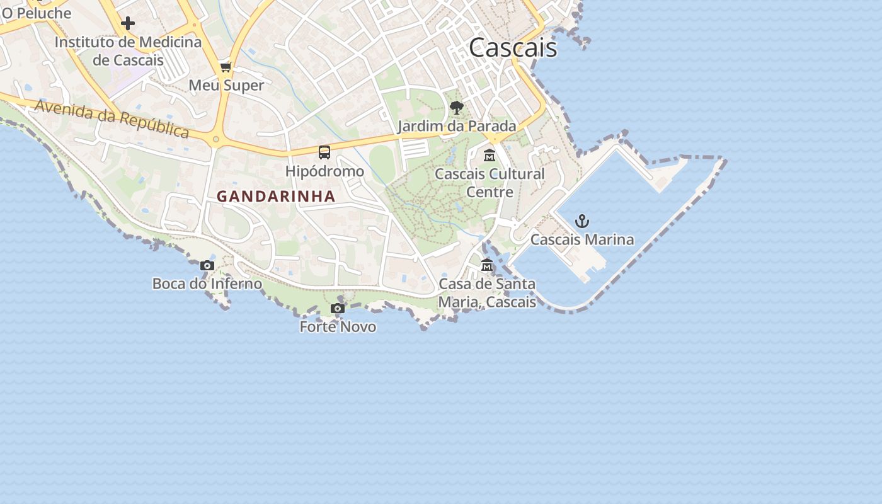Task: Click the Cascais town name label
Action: (x=513, y=48)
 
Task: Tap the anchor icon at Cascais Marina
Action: (x=582, y=221)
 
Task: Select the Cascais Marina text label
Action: (x=582, y=239)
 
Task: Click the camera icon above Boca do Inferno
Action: (x=207, y=265)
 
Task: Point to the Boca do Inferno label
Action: (x=207, y=283)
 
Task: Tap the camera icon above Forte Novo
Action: (x=338, y=308)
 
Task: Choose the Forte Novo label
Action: (x=338, y=326)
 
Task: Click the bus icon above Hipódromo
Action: (x=324, y=152)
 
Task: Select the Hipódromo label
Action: (x=324, y=171)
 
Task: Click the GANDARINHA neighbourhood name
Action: (x=276, y=197)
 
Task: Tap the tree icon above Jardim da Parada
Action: (x=457, y=108)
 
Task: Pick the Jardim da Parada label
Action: (x=457, y=126)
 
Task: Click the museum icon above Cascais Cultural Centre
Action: (x=490, y=155)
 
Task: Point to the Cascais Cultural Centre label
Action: (x=490, y=183)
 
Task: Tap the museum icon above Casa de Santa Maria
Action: (x=486, y=265)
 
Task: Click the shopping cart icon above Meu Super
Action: (x=226, y=67)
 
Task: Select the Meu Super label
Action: (x=226, y=85)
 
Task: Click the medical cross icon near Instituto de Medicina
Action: (x=128, y=24)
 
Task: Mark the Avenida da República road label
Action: (x=112, y=118)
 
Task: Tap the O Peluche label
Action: (x=37, y=13)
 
